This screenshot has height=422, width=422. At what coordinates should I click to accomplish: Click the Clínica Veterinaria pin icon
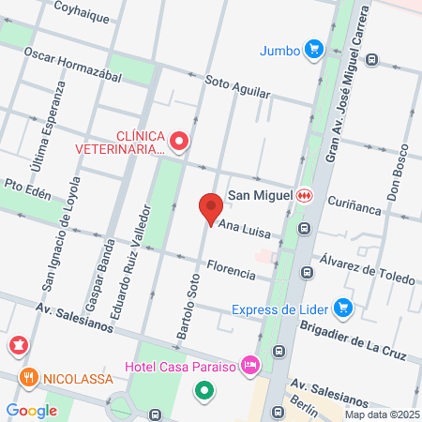point(180,142)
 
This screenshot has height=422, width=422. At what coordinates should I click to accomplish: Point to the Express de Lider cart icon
point(343,307)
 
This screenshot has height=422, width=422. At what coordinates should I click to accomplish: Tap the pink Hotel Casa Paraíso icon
point(249,363)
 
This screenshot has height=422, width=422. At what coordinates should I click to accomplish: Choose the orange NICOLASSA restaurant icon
point(28,378)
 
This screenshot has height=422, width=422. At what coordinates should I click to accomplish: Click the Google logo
point(31,410)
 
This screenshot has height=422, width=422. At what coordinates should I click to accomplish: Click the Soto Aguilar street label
point(236,88)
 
